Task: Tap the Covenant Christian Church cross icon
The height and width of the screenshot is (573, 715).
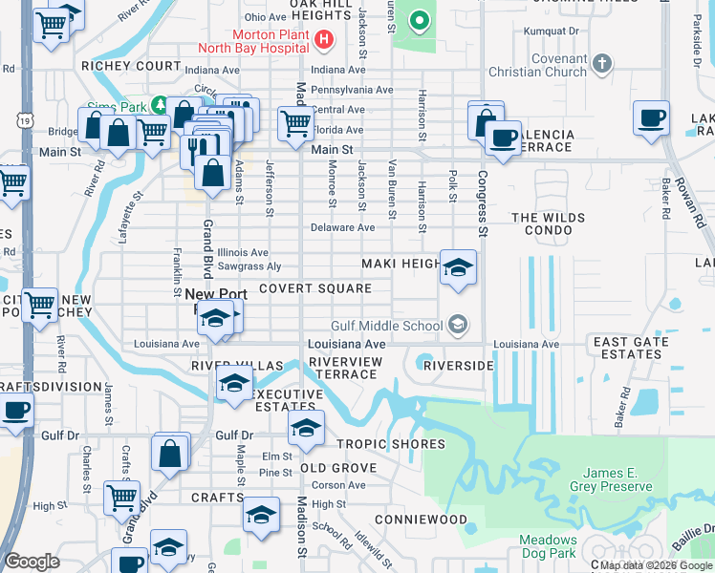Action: [600, 63]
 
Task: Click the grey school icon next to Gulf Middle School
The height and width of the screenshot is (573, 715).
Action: [458, 326]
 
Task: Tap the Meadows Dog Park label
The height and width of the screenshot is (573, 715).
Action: [548, 546]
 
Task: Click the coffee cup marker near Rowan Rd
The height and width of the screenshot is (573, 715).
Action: [651, 119]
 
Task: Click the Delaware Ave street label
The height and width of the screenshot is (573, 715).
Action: [343, 228]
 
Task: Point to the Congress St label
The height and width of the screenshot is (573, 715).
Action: [483, 204]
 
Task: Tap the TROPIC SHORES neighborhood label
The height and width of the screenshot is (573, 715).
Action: [390, 444]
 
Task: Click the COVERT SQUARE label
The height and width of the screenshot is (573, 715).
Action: [314, 288]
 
